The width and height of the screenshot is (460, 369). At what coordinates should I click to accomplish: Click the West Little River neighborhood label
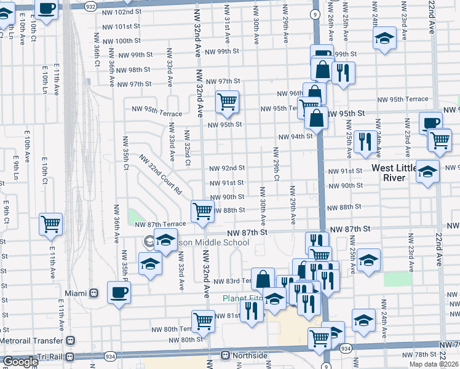pos(397,173)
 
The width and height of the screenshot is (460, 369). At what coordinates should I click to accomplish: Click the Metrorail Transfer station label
pos(31,339)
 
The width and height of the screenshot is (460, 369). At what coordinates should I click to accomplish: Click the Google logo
pos(20,362)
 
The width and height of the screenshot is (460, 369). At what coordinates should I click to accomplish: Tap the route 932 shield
pos(90,6)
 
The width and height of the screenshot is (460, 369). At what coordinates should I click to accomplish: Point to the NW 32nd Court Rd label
pos(161,174)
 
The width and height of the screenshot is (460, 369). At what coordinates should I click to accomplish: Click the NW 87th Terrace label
pos(161,224)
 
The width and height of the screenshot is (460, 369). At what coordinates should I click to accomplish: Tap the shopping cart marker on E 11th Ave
pos(50,224)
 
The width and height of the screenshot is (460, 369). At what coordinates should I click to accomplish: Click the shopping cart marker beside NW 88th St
pos(202,211)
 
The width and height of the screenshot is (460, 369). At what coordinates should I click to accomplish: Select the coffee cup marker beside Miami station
pos(118,292)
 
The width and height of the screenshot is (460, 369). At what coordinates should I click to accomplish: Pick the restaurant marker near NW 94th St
pos(365,141)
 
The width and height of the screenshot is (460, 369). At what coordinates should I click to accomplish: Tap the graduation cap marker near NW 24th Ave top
pos(384,38)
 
